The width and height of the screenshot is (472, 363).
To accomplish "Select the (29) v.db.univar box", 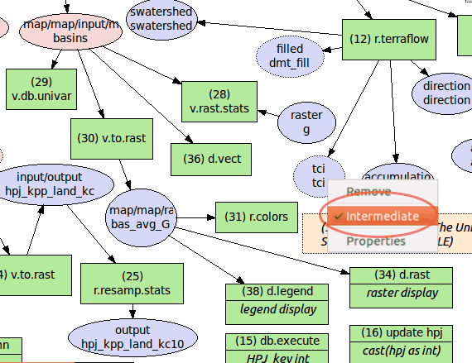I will [x=41, y=88].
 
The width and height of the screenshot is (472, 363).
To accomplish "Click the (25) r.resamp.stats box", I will [x=132, y=283].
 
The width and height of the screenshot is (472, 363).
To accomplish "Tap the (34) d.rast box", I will [x=402, y=284].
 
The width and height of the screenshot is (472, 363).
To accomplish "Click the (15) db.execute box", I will [x=267, y=347].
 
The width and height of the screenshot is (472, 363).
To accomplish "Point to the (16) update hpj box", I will [x=402, y=341].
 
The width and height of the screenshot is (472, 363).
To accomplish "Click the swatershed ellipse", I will [x=161, y=18].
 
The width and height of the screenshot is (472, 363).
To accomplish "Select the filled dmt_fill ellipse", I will [x=290, y=55].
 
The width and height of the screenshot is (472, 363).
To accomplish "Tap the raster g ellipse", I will [x=306, y=122].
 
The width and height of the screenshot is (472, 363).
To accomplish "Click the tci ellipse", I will [x=307, y=175].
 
